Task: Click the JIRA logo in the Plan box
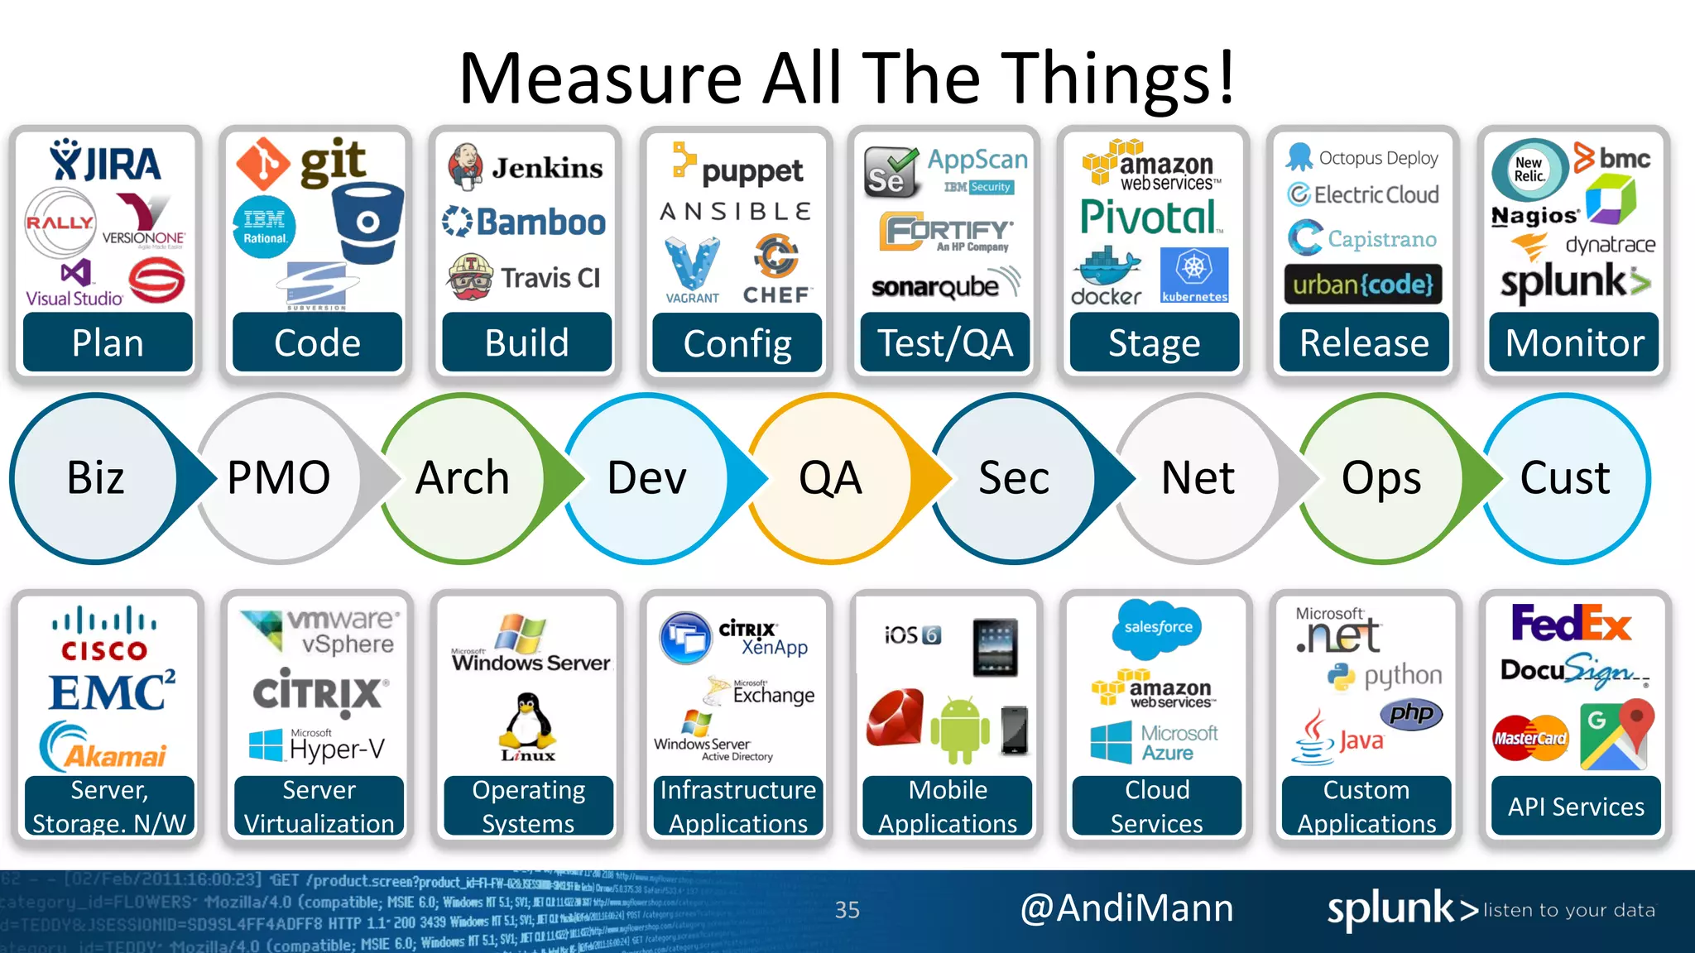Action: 105,161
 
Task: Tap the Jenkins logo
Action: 525,167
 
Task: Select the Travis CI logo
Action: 525,278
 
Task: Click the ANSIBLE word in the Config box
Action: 736,212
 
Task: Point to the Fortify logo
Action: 945,232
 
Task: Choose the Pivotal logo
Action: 1150,217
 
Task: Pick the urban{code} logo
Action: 1363,285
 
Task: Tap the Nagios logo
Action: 1534,216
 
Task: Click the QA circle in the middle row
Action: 831,478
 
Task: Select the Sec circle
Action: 1015,478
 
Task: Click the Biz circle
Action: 95,478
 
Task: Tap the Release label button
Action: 1364,342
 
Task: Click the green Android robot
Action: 960,728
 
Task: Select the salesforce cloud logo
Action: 1158,627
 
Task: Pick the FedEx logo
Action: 1571,624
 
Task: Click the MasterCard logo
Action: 1530,738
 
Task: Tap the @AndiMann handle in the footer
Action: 1126,908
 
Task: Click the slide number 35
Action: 847,910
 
